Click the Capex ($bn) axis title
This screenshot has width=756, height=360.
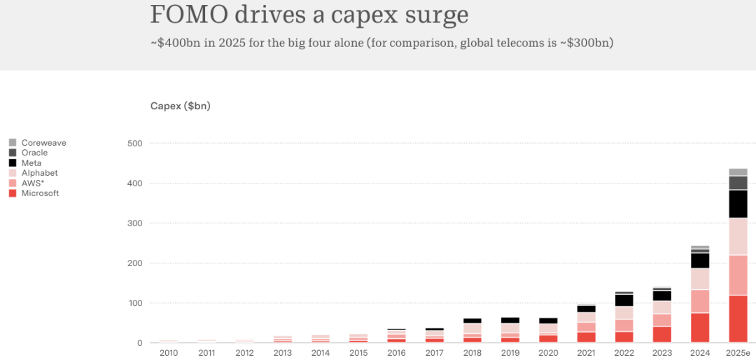point(180,106)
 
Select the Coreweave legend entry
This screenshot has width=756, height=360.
point(43,143)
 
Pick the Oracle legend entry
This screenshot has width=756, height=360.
point(34,153)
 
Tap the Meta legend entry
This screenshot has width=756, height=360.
point(31,163)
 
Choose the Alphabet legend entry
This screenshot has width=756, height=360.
point(39,173)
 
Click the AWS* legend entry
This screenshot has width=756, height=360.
point(33,183)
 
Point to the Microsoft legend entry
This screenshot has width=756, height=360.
point(40,193)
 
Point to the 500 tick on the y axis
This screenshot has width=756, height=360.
point(135,144)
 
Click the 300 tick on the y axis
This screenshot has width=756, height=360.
point(135,223)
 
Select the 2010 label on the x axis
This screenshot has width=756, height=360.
point(169,353)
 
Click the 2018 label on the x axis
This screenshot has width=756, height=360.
point(472,353)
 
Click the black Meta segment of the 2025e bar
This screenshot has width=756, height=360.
point(738,204)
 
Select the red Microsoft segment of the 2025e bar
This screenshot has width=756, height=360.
point(738,319)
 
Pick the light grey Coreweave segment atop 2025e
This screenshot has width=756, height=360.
point(738,172)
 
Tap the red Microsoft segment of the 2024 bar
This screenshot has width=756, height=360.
point(700,328)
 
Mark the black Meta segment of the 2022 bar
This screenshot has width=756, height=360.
point(624,300)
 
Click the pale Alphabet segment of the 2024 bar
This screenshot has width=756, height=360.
point(700,279)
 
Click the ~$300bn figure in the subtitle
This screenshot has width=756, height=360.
point(591,43)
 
